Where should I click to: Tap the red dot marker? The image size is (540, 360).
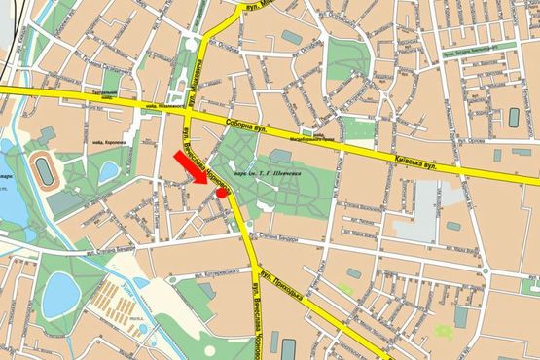223,193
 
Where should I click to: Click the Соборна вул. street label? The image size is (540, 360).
247,126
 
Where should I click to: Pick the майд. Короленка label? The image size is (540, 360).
115,143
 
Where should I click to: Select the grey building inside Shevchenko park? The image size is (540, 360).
281,155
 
